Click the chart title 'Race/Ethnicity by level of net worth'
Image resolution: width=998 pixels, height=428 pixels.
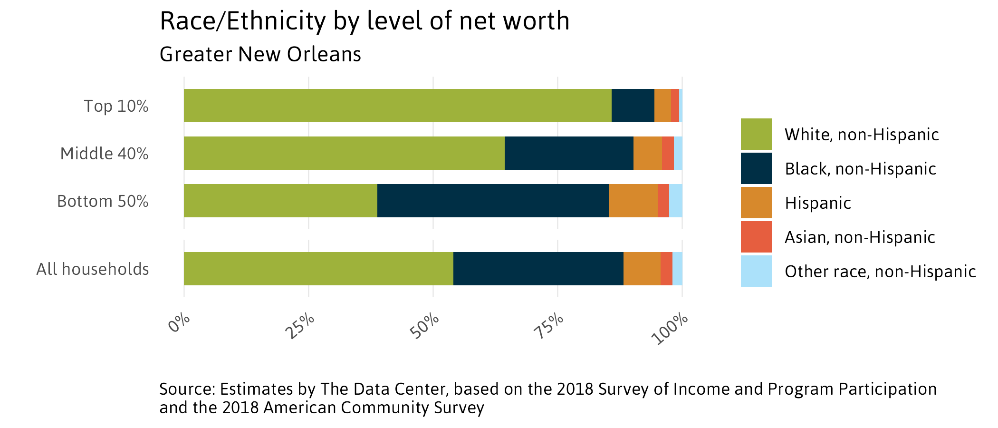coord(364,22)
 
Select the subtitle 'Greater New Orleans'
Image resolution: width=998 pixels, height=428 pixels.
coord(260,55)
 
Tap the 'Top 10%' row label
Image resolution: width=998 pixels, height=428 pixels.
coord(116,106)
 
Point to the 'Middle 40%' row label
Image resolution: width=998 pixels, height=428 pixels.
coord(104,154)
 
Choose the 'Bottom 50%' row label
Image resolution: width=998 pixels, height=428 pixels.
coord(103,201)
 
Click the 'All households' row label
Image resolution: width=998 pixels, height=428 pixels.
coord(93,269)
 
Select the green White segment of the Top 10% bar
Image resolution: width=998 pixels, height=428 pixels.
coord(397,106)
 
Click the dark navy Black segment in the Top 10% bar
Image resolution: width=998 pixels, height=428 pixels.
coord(633,106)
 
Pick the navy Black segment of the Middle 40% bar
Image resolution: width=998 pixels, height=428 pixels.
coord(568,153)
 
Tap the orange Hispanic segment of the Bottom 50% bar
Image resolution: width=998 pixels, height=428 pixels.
coord(633,201)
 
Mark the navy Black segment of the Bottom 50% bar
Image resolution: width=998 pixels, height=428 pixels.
coord(492,201)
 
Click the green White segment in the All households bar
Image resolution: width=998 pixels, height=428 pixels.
coord(318,269)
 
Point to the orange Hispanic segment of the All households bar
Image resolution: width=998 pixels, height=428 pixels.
coord(642,269)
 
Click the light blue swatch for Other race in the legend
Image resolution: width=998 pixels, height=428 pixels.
coord(756,271)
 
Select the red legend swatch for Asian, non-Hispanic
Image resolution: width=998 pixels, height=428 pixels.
coord(756,237)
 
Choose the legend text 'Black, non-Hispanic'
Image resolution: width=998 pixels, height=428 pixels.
coord(860,169)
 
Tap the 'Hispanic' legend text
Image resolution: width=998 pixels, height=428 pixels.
coord(817,203)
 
